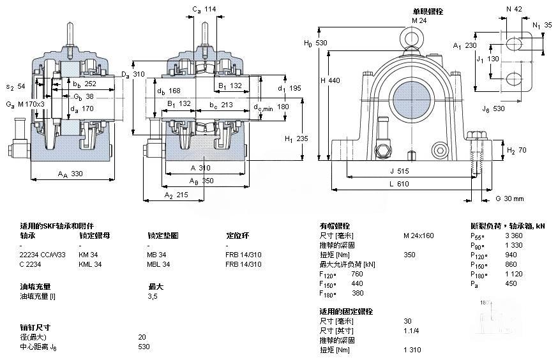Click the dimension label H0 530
[315, 43]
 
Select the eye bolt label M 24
[419, 20]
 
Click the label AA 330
[70, 174]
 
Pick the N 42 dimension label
[514, 9]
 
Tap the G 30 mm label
[509, 199]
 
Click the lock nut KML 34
[90, 264]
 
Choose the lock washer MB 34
[158, 255]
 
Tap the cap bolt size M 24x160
[418, 236]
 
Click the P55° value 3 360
[514, 236]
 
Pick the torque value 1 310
[412, 349]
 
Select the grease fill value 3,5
[153, 296]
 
